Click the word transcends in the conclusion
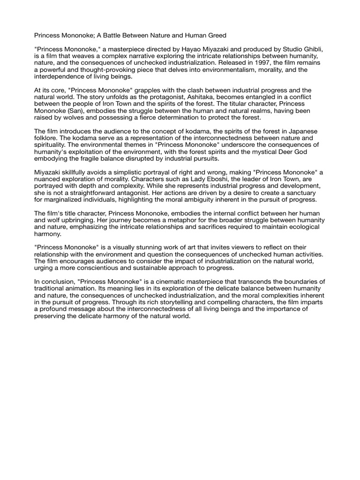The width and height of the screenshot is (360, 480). click(x=251, y=281)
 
